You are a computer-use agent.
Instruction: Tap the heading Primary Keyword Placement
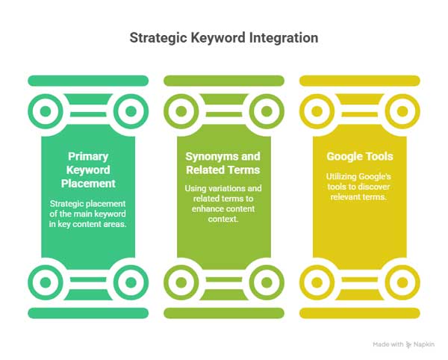coord(88,170)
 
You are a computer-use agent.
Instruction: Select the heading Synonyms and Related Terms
coord(223,163)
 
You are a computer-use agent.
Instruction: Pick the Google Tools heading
coord(360,157)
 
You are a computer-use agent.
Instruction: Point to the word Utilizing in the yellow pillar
coord(341,177)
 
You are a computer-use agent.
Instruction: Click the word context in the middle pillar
coord(223,219)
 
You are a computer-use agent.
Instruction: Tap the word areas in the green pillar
coord(115,224)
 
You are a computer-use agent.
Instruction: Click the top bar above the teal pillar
coord(88,81)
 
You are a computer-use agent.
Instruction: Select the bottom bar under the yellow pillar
coord(360,313)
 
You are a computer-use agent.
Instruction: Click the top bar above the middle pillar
coord(224,81)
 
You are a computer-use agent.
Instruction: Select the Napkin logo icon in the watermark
coord(409,344)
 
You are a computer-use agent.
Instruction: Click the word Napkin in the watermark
coord(424,344)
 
